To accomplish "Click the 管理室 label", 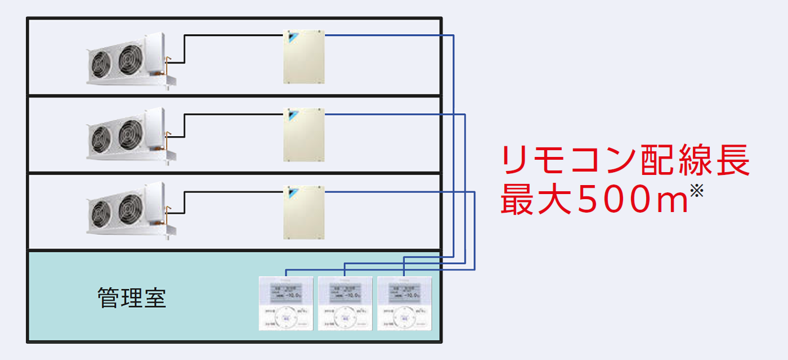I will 132,298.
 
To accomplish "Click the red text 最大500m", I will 594,201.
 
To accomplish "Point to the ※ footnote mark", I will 696,191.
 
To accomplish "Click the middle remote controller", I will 345,303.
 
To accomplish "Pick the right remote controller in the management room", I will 404,303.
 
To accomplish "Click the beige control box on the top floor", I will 304,58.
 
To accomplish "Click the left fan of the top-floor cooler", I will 102,64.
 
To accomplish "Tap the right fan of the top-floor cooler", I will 130,58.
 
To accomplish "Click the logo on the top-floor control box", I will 292,38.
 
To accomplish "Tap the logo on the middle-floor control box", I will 292,116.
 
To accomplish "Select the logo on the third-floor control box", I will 292,193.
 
